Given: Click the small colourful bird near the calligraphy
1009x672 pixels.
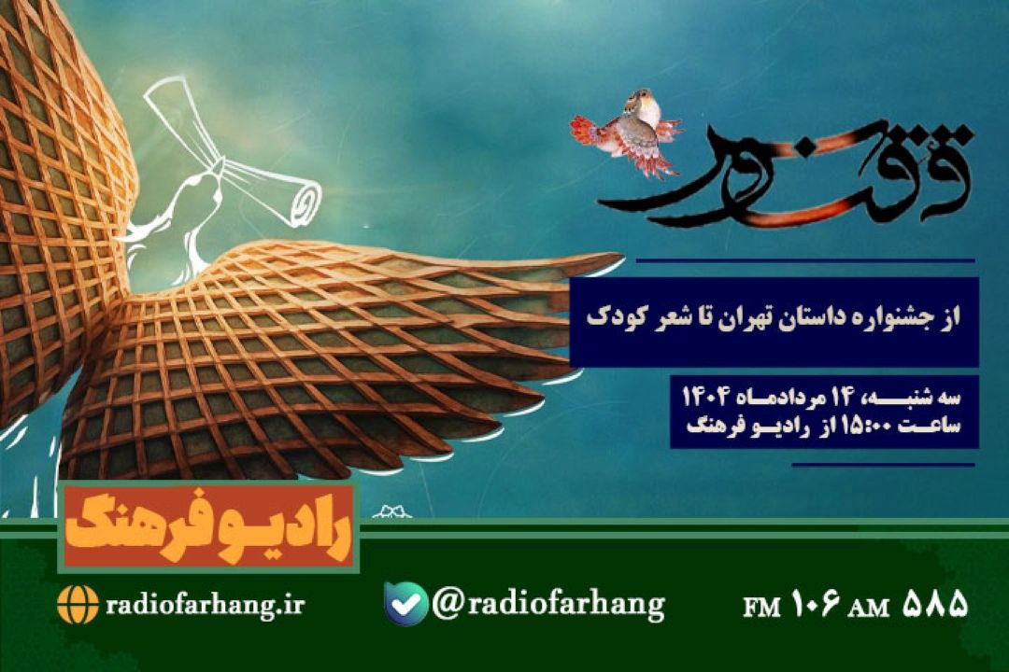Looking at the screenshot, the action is click(628, 132).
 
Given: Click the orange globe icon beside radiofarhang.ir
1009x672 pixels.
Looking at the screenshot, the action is click(78, 605).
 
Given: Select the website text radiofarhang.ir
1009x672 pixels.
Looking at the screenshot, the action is click(205, 605).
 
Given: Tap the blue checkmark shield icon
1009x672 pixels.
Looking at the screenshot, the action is click(406, 603).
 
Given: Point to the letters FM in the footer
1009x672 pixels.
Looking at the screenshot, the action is click(761, 607).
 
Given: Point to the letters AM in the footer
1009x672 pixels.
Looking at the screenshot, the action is click(869, 607).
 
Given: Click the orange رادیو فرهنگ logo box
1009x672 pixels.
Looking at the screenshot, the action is click(208, 526).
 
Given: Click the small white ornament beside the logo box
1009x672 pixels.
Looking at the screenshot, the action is click(391, 511).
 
